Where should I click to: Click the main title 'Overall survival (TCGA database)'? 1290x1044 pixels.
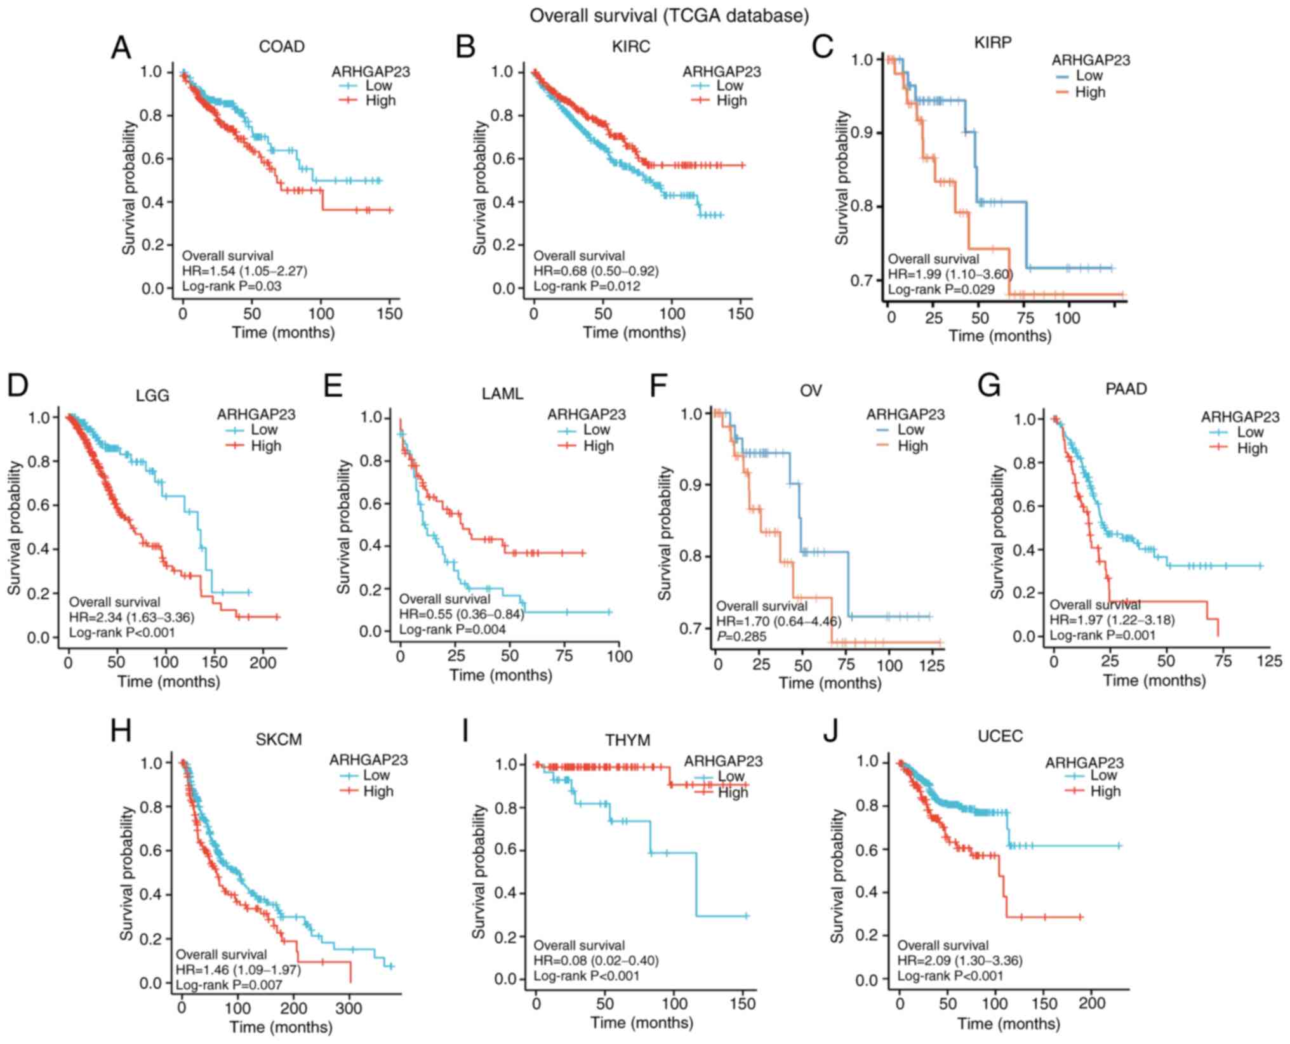(x=669, y=15)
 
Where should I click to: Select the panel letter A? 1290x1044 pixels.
(x=121, y=48)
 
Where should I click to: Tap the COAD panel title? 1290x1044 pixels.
(x=281, y=47)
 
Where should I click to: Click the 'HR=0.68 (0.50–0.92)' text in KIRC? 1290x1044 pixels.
(x=595, y=271)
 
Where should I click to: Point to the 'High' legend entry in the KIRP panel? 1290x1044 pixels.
(x=1089, y=93)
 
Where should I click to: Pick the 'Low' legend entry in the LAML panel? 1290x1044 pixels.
(x=596, y=430)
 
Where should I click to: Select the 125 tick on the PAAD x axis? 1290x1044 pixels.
(x=1269, y=662)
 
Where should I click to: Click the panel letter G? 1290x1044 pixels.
(x=989, y=387)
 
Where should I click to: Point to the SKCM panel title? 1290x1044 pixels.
(x=279, y=740)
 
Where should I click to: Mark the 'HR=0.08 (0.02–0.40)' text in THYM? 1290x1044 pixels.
(x=595, y=961)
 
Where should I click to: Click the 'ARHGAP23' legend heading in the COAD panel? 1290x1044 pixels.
(x=371, y=72)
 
